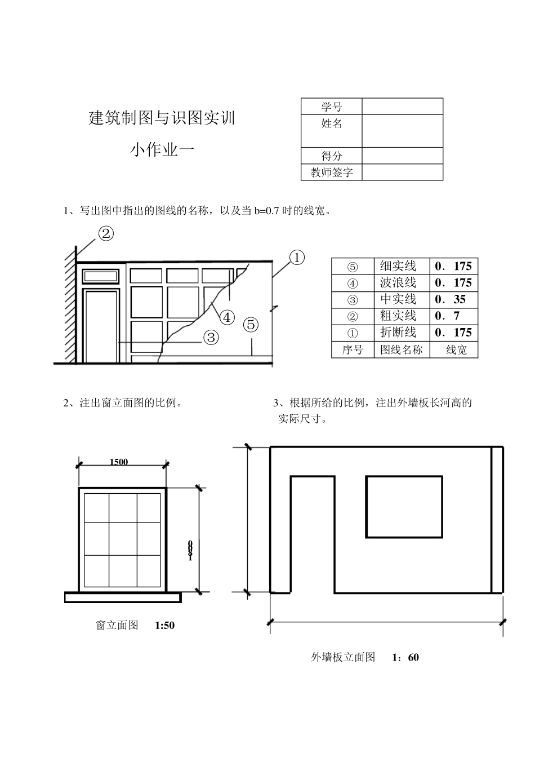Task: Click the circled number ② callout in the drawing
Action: point(106,233)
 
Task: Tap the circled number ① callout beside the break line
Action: point(297,258)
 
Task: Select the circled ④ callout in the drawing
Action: point(226,317)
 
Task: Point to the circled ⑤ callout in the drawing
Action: point(251,325)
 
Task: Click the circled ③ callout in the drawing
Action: point(211,338)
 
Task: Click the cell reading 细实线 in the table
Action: point(398,266)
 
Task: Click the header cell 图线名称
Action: point(401,349)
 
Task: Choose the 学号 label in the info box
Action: point(332,107)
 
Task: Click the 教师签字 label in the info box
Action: point(332,172)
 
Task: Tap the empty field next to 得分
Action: point(402,156)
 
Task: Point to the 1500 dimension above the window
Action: point(119,462)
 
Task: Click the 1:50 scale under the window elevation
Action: point(164,625)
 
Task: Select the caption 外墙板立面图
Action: point(343,657)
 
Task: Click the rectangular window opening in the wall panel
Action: point(404,506)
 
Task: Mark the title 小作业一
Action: point(162,149)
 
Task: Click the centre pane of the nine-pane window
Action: point(123,539)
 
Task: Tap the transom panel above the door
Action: point(101,276)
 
